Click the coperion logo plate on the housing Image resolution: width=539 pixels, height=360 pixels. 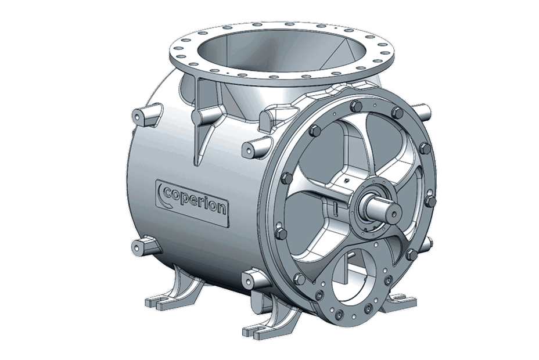click(191, 200)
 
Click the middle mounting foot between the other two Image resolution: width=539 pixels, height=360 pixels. click(261, 325)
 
